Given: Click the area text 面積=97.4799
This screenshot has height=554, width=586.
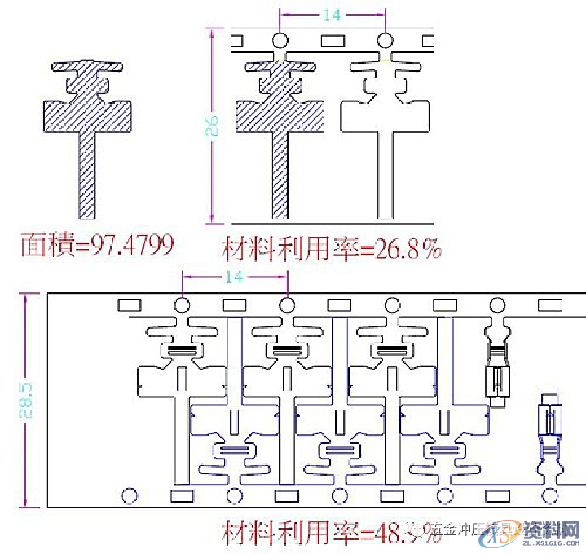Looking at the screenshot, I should click(x=97, y=243).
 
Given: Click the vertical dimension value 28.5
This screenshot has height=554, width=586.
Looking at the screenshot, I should click(x=26, y=398).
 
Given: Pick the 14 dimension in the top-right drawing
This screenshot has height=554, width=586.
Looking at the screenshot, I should click(x=332, y=15).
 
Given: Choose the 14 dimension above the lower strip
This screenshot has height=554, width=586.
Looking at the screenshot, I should click(x=234, y=277).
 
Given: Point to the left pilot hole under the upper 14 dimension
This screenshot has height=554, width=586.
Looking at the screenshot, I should click(x=280, y=39).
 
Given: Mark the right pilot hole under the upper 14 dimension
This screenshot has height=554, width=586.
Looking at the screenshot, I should click(x=385, y=39).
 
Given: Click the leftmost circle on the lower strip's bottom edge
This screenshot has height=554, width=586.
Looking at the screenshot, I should click(x=129, y=494).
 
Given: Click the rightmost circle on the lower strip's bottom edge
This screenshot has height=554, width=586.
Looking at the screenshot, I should click(x=551, y=494).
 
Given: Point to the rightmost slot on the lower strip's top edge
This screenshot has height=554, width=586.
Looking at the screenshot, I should click(x=551, y=304).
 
